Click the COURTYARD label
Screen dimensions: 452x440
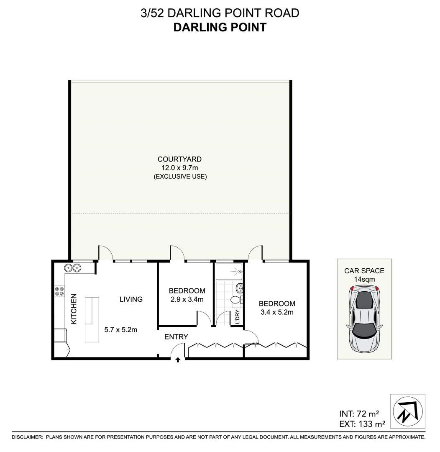[179, 159]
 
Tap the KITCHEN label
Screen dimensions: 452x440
[74, 309]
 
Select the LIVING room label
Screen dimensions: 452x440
[131, 299]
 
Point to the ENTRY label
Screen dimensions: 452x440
[176, 336]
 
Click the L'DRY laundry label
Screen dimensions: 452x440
[237, 317]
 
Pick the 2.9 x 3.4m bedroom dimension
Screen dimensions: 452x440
[187, 299]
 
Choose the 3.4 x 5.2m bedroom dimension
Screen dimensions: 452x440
[277, 312]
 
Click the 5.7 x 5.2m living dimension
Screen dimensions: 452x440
[121, 329]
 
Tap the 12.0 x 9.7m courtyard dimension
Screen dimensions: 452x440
[179, 168]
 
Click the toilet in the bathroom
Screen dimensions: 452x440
[235, 300]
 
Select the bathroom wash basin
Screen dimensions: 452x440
[240, 288]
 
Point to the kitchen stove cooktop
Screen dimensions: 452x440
[59, 291]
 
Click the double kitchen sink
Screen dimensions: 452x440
[72, 268]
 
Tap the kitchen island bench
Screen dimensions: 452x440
[92, 319]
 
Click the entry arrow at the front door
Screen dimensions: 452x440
[178, 359]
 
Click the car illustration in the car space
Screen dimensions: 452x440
[365, 318]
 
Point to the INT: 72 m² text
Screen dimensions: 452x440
[359, 414]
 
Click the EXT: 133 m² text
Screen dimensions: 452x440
[362, 424]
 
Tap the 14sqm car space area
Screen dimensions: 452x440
[364, 279]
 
